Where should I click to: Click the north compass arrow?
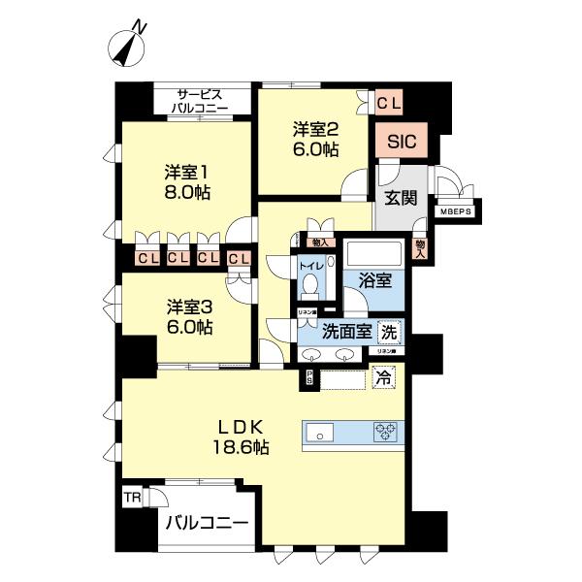tap(127, 48)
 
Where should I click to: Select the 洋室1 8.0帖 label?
tap(187, 181)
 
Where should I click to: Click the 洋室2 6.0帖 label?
tap(316, 138)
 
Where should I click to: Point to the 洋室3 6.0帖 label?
tap(187, 317)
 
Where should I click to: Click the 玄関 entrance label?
tap(401, 199)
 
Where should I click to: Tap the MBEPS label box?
tap(454, 210)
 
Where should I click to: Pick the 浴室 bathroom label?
tap(375, 281)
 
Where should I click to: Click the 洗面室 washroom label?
tap(347, 331)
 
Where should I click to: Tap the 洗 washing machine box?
tap(389, 330)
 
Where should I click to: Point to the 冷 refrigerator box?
tap(385, 377)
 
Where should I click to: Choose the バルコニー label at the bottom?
tap(205, 524)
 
